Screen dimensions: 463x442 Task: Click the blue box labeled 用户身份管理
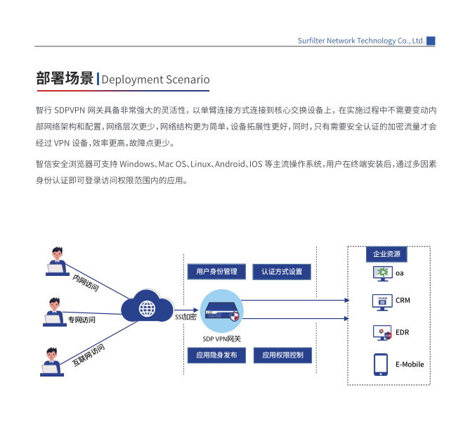click(216, 271)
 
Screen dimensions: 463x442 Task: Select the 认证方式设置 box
click(282, 272)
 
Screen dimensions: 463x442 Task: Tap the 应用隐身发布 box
click(216, 355)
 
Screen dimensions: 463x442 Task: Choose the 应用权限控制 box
click(282, 355)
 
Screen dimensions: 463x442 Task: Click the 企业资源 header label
click(386, 254)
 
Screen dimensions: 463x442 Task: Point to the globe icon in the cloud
click(147, 308)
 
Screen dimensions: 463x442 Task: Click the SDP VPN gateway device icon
click(222, 312)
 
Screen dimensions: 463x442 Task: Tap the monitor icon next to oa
click(383, 273)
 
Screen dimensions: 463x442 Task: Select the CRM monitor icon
click(382, 303)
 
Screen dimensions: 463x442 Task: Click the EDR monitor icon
click(382, 333)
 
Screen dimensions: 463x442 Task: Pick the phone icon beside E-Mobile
click(381, 365)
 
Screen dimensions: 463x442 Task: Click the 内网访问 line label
click(86, 283)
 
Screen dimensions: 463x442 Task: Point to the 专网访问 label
click(81, 320)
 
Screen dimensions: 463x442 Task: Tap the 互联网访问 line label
click(89, 355)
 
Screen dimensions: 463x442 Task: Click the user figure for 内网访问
click(58, 261)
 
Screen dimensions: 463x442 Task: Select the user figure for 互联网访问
click(52, 362)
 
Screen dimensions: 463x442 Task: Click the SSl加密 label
click(185, 317)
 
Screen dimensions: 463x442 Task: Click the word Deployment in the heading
click(132, 80)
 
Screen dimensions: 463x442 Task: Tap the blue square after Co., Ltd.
click(431, 41)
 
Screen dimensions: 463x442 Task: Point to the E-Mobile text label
click(410, 364)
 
